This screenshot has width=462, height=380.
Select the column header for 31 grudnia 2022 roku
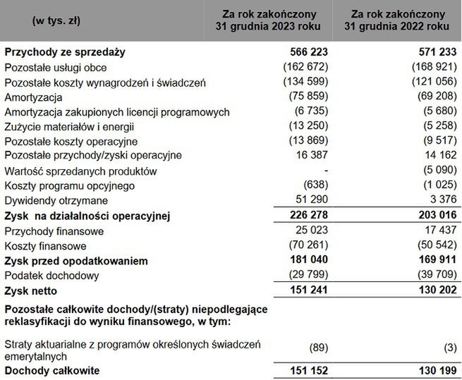tap(397, 20)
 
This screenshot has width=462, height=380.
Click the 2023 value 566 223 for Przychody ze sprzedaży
tap(309, 52)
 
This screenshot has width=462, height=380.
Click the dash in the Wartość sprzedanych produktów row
tap(324, 171)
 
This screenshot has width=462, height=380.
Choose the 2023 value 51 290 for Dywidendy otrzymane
tap(312, 200)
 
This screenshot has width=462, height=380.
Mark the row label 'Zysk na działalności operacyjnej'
tap(88, 215)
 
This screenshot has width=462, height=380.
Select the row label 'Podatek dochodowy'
tap(51, 275)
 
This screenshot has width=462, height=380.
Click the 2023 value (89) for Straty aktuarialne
tap(317, 347)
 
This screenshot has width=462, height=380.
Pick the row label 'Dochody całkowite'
tap(51, 370)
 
